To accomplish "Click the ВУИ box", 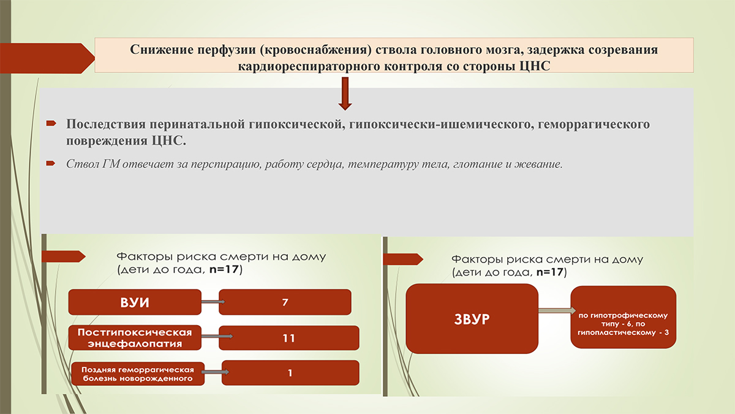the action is pyautogui.click(x=135, y=302).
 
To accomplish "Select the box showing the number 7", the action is pyautogui.click(x=285, y=302).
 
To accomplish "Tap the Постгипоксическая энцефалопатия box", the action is pyautogui.click(x=135, y=337).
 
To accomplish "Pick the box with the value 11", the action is pyautogui.click(x=288, y=338).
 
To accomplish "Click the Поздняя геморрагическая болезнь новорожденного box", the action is pyautogui.click(x=138, y=374).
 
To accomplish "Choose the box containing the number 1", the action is pyautogui.click(x=290, y=373).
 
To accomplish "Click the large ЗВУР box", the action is pyautogui.click(x=472, y=319).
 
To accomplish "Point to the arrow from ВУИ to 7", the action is pyautogui.click(x=213, y=302).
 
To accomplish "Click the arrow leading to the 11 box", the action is pyautogui.click(x=217, y=336).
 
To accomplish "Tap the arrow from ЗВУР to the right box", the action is pyautogui.click(x=557, y=310).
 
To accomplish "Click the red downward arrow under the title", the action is pyautogui.click(x=345, y=94).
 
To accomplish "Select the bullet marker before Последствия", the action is pyautogui.click(x=51, y=123).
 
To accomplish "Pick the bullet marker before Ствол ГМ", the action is pyautogui.click(x=50, y=163).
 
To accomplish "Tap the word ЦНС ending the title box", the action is pyautogui.click(x=535, y=66).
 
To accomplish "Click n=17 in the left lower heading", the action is pyautogui.click(x=224, y=269).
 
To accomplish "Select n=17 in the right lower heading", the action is pyautogui.click(x=550, y=272).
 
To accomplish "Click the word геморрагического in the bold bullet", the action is pyautogui.click(x=594, y=124).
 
